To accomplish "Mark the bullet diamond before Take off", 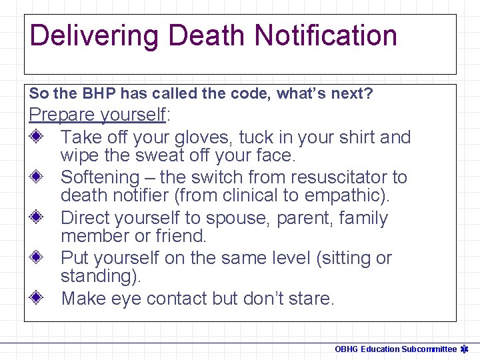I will [38, 137].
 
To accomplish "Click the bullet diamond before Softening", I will [38, 177].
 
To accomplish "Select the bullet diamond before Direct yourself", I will [38, 218].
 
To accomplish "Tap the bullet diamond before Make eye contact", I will [38, 298].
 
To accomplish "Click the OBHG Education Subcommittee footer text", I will [395, 349].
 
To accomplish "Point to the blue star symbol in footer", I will [465, 349].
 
